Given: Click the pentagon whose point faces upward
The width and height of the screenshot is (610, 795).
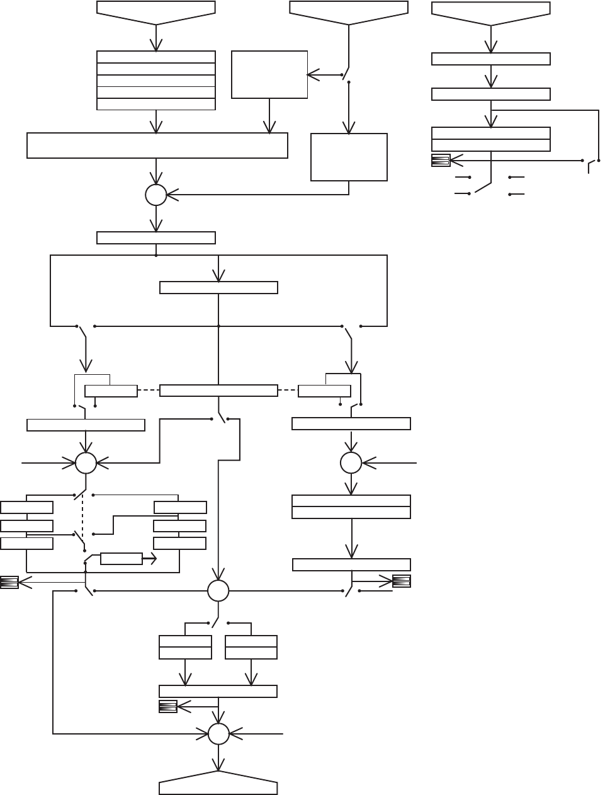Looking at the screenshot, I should point(218,786).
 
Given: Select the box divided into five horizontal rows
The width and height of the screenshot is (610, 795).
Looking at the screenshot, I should point(156,81).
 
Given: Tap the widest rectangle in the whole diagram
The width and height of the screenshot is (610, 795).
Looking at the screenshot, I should point(157,146).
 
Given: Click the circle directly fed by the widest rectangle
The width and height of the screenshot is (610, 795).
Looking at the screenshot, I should point(156,195).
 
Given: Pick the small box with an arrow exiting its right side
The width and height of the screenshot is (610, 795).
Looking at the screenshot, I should point(121,558).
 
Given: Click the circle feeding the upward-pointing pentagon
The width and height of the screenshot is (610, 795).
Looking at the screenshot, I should point(218,734).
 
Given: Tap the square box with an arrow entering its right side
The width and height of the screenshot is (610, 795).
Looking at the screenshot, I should point(269,74).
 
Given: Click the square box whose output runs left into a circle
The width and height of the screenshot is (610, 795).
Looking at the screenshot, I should point(349,157).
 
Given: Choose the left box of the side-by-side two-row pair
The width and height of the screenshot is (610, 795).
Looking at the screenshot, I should point(185,647).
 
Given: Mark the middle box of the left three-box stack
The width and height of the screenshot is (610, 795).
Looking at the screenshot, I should point(26,525).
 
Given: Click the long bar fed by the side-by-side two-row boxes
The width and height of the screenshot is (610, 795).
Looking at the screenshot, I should point(218,691).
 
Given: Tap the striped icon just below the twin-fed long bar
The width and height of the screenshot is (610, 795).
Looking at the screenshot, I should point(167,707).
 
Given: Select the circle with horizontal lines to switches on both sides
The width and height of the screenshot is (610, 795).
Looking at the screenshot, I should point(218,591).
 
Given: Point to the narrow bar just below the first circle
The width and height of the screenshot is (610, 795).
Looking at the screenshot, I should point(156,237).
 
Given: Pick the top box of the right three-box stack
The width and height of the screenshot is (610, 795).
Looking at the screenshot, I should point(180,507).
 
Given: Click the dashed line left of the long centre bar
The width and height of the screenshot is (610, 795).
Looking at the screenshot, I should point(149,391).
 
